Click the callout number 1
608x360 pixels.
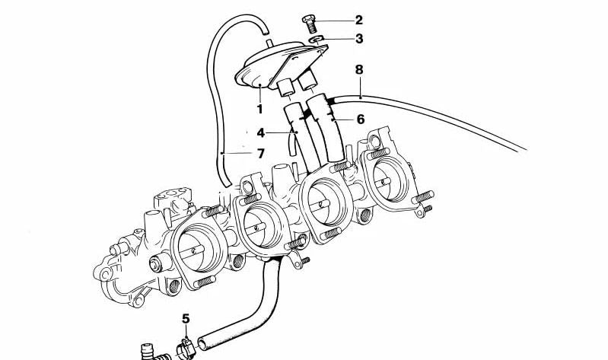(259, 109)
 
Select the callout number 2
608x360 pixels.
(358, 21)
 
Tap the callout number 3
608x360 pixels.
(359, 39)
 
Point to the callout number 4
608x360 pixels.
(260, 133)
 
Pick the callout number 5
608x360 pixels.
(186, 319)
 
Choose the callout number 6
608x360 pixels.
(360, 119)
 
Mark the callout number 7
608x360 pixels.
(260, 154)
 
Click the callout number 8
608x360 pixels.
(359, 70)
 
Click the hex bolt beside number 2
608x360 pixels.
(309, 24)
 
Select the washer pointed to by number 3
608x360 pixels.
(317, 39)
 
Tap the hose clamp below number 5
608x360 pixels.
(186, 348)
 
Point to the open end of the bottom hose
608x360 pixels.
(202, 343)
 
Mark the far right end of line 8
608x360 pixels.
(526, 149)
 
